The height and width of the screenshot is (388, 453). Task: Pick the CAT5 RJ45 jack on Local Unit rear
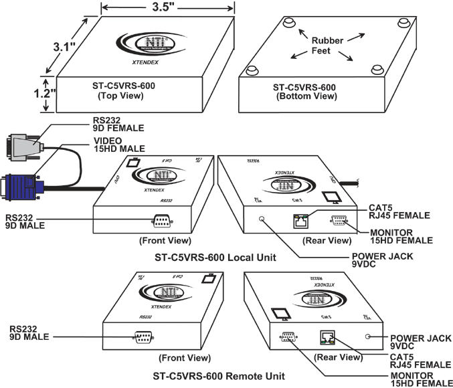pos(299,219)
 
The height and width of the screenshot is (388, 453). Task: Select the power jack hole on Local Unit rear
pos(262,219)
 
